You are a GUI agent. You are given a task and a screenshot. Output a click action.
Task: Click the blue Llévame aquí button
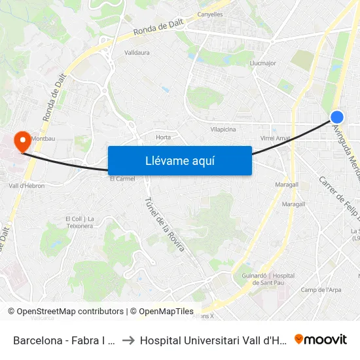point(179,160)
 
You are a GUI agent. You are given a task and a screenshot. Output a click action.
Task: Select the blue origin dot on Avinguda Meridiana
point(337,117)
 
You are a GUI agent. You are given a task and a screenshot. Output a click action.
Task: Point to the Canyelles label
point(209,14)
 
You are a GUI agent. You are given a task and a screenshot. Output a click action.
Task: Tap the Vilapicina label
point(223,130)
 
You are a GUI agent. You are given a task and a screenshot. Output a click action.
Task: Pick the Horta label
point(163,137)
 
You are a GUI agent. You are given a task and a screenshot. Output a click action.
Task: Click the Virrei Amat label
point(275,138)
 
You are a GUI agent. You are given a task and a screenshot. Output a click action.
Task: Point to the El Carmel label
point(122,178)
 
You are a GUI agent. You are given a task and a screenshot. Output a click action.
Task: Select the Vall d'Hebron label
point(27,186)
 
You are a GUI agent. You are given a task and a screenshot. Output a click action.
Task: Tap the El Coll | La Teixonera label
point(79,222)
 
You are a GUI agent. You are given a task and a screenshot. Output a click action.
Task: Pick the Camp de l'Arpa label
point(321,290)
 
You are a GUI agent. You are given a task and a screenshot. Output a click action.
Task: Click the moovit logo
point(320,339)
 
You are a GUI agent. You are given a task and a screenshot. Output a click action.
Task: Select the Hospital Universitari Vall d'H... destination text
point(213,340)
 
